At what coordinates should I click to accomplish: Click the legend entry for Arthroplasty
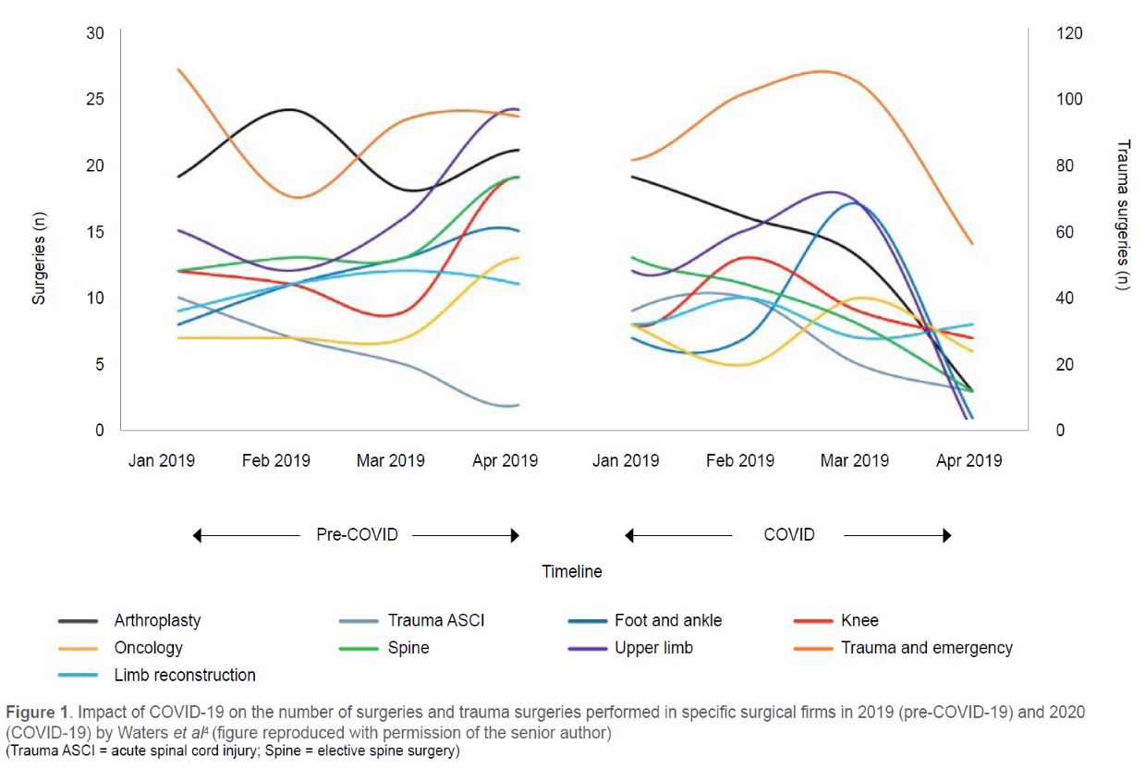pyautogui.click(x=157, y=620)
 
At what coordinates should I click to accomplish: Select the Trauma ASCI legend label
pyautogui.click(x=435, y=620)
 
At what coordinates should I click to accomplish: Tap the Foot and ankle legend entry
pyautogui.click(x=667, y=620)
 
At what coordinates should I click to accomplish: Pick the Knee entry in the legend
pyautogui.click(x=859, y=620)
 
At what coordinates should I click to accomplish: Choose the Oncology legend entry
pyautogui.click(x=148, y=648)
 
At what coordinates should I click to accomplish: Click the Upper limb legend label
pyautogui.click(x=653, y=648)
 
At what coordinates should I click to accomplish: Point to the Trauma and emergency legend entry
pyautogui.click(x=926, y=648)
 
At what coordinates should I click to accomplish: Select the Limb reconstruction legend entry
pyautogui.click(x=185, y=675)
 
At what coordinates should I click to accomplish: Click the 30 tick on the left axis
pyautogui.click(x=95, y=33)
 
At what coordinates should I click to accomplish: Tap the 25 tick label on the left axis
pyautogui.click(x=95, y=100)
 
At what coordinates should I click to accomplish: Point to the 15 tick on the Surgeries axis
pyautogui.click(x=95, y=232)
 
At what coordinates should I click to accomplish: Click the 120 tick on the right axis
pyautogui.click(x=1068, y=33)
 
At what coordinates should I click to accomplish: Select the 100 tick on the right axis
pyautogui.click(x=1068, y=100)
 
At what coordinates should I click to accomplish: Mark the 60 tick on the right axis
pyautogui.click(x=1064, y=232)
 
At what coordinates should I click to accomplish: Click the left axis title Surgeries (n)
pyautogui.click(x=39, y=232)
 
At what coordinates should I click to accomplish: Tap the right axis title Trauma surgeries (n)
pyautogui.click(x=1123, y=214)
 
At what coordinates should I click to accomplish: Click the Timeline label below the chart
pyautogui.click(x=572, y=571)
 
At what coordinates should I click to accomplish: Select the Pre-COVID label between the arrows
pyautogui.click(x=357, y=534)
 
